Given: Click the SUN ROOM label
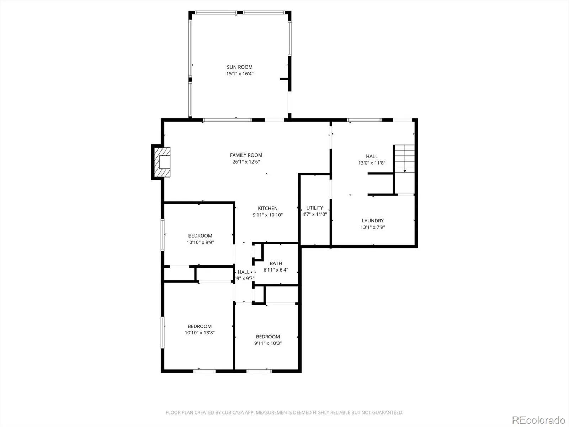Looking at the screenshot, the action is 240,67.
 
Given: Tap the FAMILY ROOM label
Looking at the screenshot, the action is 246,155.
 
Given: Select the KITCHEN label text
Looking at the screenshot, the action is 267,208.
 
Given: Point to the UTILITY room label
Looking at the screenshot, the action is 315,208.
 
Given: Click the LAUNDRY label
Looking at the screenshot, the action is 372,221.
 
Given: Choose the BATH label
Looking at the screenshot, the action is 276,263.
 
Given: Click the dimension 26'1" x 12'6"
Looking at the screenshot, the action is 246,162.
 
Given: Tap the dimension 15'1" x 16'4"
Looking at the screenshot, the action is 240,74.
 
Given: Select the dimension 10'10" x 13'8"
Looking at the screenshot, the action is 200,333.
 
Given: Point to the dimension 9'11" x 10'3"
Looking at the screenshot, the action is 268,343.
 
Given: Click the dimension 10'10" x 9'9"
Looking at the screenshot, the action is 200,242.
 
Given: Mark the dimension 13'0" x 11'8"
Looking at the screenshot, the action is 372,163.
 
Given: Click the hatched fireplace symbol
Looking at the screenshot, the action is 162,162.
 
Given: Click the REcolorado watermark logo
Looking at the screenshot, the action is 538,420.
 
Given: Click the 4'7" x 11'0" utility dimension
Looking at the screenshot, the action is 315,214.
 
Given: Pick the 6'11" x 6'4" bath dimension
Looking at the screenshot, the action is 276,270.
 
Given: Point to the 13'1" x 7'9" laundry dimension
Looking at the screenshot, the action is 372,227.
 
